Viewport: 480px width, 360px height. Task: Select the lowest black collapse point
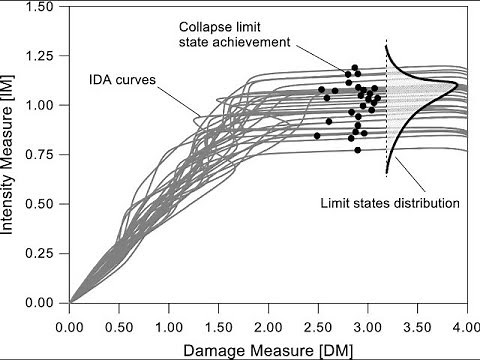coord(357,150)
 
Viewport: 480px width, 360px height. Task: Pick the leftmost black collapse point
coord(317,135)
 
